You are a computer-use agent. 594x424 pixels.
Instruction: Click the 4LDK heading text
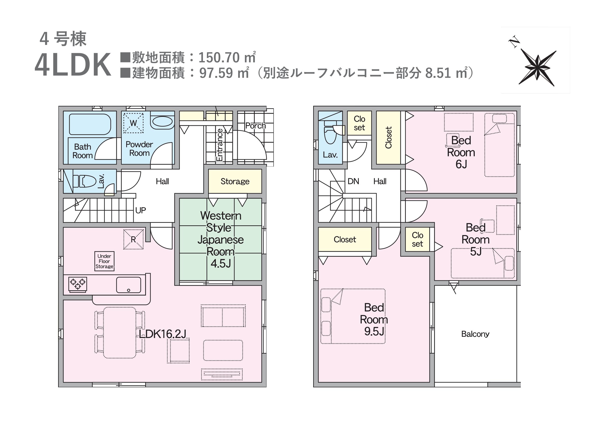pyautogui.click(x=73, y=65)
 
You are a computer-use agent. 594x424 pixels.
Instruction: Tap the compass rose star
pyautogui.click(x=537, y=67)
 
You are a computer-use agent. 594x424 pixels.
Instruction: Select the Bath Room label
pyautogui.click(x=83, y=151)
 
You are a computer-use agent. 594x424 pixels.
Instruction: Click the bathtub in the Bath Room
pyautogui.click(x=90, y=124)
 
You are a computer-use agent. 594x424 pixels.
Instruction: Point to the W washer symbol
pyautogui.click(x=133, y=123)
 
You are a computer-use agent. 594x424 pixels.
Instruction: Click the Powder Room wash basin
pyautogui.click(x=162, y=122)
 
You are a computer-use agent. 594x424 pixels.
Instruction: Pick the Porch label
pyautogui.click(x=255, y=126)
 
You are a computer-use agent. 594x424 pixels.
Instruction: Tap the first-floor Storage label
pyautogui.click(x=235, y=181)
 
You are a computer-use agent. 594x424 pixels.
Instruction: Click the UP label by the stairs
pyautogui.click(x=141, y=210)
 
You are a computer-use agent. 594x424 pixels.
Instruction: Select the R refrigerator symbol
pyautogui.click(x=133, y=239)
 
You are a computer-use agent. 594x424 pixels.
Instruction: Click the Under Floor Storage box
pyautogui.click(x=104, y=261)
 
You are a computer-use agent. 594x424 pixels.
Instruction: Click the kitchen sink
pyautogui.click(x=128, y=285)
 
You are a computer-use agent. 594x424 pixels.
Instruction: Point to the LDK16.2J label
pyautogui.click(x=163, y=334)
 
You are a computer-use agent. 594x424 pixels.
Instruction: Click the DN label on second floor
pyautogui.click(x=353, y=181)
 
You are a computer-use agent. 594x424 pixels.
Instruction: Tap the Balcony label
pyautogui.click(x=475, y=334)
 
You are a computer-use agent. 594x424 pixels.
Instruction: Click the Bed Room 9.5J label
pyautogui.click(x=374, y=320)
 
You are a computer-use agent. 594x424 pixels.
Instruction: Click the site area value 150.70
pyautogui.click(x=219, y=57)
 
